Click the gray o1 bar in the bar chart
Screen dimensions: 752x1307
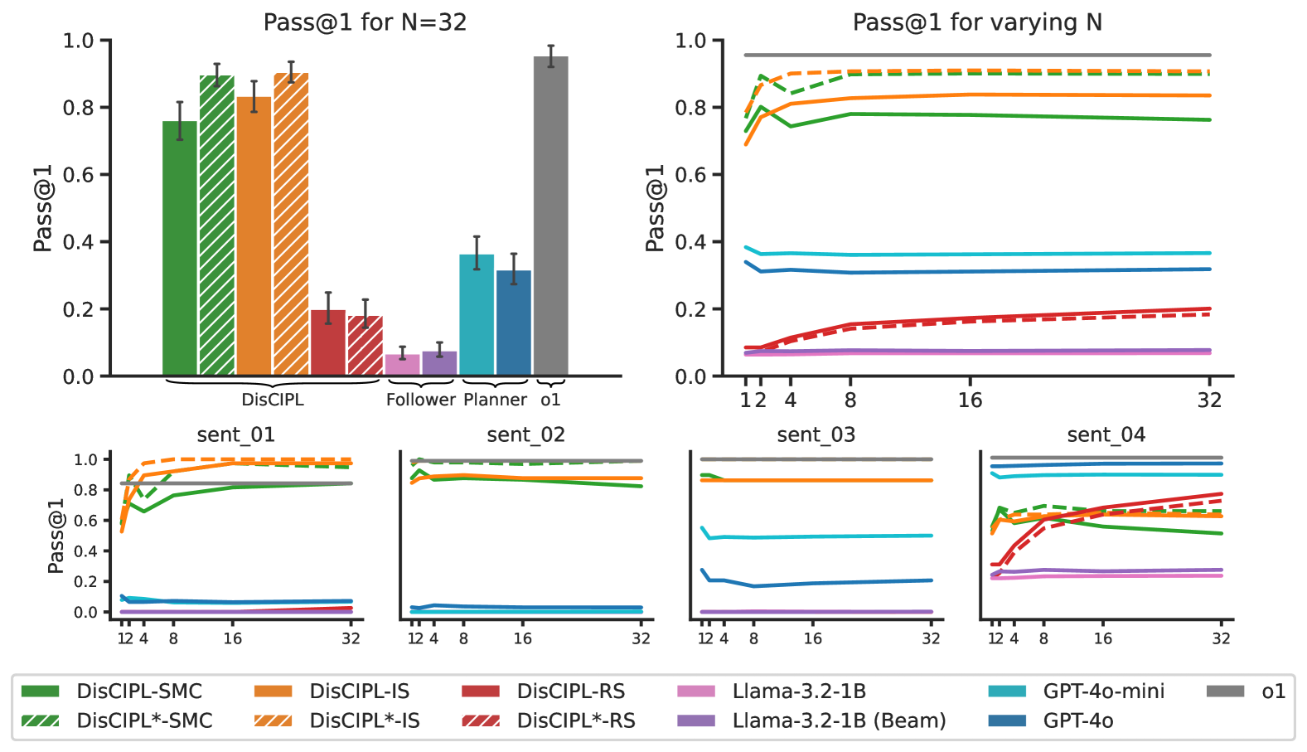pyautogui.click(x=550, y=216)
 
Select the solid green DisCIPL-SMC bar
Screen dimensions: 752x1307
pyautogui.click(x=180, y=249)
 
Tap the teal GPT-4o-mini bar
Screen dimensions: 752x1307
pyautogui.click(x=477, y=315)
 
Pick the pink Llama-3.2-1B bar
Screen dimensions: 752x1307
pyautogui.click(x=402, y=365)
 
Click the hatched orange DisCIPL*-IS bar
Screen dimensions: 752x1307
pyautogui.click(x=291, y=224)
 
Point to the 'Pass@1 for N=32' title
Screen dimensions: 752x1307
pyautogui.click(x=365, y=22)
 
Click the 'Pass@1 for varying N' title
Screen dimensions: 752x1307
pyautogui.click(x=977, y=22)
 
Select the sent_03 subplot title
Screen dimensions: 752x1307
pyautogui.click(x=816, y=434)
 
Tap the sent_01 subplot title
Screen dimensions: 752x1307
pyautogui.click(x=235, y=434)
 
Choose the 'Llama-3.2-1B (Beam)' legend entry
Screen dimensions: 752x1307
pyautogui.click(x=838, y=720)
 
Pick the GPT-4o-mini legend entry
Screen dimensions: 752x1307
pyautogui.click(x=1102, y=691)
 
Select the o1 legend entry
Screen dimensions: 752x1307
pyautogui.click(x=1272, y=691)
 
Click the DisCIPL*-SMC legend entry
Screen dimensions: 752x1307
pyautogui.click(x=144, y=720)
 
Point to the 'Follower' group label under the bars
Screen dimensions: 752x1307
pyautogui.click(x=420, y=400)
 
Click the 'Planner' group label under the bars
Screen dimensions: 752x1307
pyautogui.click(x=495, y=400)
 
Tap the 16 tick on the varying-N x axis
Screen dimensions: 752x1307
pyautogui.click(x=970, y=400)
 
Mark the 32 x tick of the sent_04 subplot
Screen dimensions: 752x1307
pyautogui.click(x=1221, y=638)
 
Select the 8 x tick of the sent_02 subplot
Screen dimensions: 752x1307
pyautogui.click(x=463, y=638)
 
